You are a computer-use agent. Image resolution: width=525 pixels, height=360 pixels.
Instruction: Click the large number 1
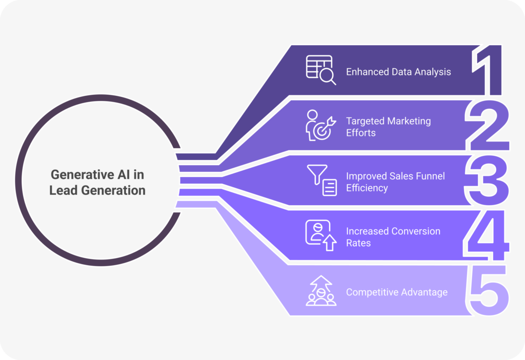pyautogui.click(x=493, y=70)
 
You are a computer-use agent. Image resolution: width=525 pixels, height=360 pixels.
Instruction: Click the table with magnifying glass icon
pyautogui.click(x=321, y=70)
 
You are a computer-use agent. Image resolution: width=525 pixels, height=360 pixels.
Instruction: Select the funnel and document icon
pyautogui.click(x=322, y=180)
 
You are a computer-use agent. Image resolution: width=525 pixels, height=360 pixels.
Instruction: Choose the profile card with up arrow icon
pyautogui.click(x=321, y=235)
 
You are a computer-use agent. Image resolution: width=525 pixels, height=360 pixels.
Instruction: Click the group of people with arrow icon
pyautogui.click(x=321, y=291)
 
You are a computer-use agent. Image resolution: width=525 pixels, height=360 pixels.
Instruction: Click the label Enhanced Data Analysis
pyautogui.click(x=398, y=72)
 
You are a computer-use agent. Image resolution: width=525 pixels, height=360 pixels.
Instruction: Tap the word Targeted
pyautogui.click(x=365, y=121)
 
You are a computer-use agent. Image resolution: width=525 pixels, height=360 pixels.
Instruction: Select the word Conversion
pyautogui.click(x=416, y=231)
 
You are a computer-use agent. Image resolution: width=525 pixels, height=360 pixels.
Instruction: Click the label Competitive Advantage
pyautogui.click(x=397, y=292)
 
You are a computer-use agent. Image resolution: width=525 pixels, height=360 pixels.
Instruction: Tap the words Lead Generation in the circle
pyautogui.click(x=97, y=190)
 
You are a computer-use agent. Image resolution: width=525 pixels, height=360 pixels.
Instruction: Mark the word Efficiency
pyautogui.click(x=367, y=188)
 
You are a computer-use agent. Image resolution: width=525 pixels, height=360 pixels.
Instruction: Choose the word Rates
pyautogui.click(x=358, y=243)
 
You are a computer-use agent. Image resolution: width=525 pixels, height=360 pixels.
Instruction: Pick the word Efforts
pyautogui.click(x=361, y=133)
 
